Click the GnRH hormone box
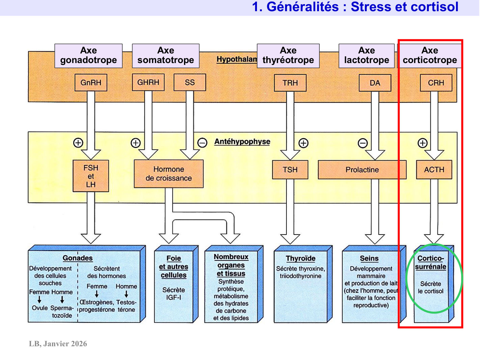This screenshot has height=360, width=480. point(91,83)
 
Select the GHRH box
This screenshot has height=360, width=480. point(148,82)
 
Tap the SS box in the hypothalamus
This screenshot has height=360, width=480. point(189,82)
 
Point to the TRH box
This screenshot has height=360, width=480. point(290,83)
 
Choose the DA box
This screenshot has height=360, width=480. point(375,83)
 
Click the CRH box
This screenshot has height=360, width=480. point(436,83)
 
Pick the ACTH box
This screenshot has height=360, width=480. point(434,170)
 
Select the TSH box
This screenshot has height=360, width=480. point(290,170)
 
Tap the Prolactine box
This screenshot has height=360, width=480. point(362,170)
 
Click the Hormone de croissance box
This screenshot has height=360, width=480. point(169,173)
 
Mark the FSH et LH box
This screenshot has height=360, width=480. point(91,176)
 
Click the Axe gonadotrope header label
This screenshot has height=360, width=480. point(88,55)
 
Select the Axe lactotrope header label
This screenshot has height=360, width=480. point(366,55)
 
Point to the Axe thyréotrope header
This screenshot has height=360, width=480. point(288,55)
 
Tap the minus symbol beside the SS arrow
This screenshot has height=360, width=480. point(202,143)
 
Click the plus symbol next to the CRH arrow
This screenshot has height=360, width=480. point(422,143)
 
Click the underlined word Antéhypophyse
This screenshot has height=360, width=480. point(242,142)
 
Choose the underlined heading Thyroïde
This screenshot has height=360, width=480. point(300,258)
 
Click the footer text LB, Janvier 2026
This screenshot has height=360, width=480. point(58,344)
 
